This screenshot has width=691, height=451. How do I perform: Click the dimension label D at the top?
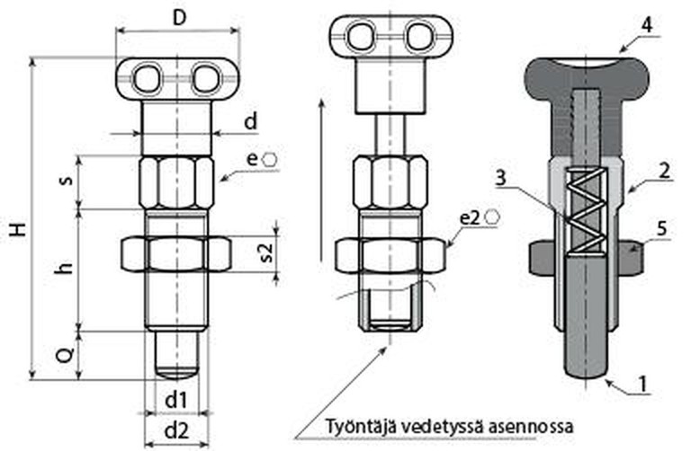[x=179, y=18]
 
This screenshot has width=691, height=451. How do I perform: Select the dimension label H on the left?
[x=19, y=230]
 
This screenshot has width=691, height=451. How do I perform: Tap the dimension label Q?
[x=65, y=354]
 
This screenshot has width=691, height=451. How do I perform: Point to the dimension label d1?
[x=175, y=401]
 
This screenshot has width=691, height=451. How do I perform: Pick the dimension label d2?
[x=176, y=431]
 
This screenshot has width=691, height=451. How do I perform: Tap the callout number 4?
[x=647, y=25]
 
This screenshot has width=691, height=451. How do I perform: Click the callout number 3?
[x=500, y=179]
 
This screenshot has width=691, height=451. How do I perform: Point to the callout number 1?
[x=644, y=385]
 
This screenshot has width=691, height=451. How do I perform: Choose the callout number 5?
[x=662, y=229]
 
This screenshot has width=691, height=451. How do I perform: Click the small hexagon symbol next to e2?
[x=491, y=217]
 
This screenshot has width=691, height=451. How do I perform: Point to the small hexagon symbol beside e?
[x=269, y=160]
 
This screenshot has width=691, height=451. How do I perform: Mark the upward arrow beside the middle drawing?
[x=322, y=181]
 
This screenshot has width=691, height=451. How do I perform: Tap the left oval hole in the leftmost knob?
[x=146, y=80]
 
